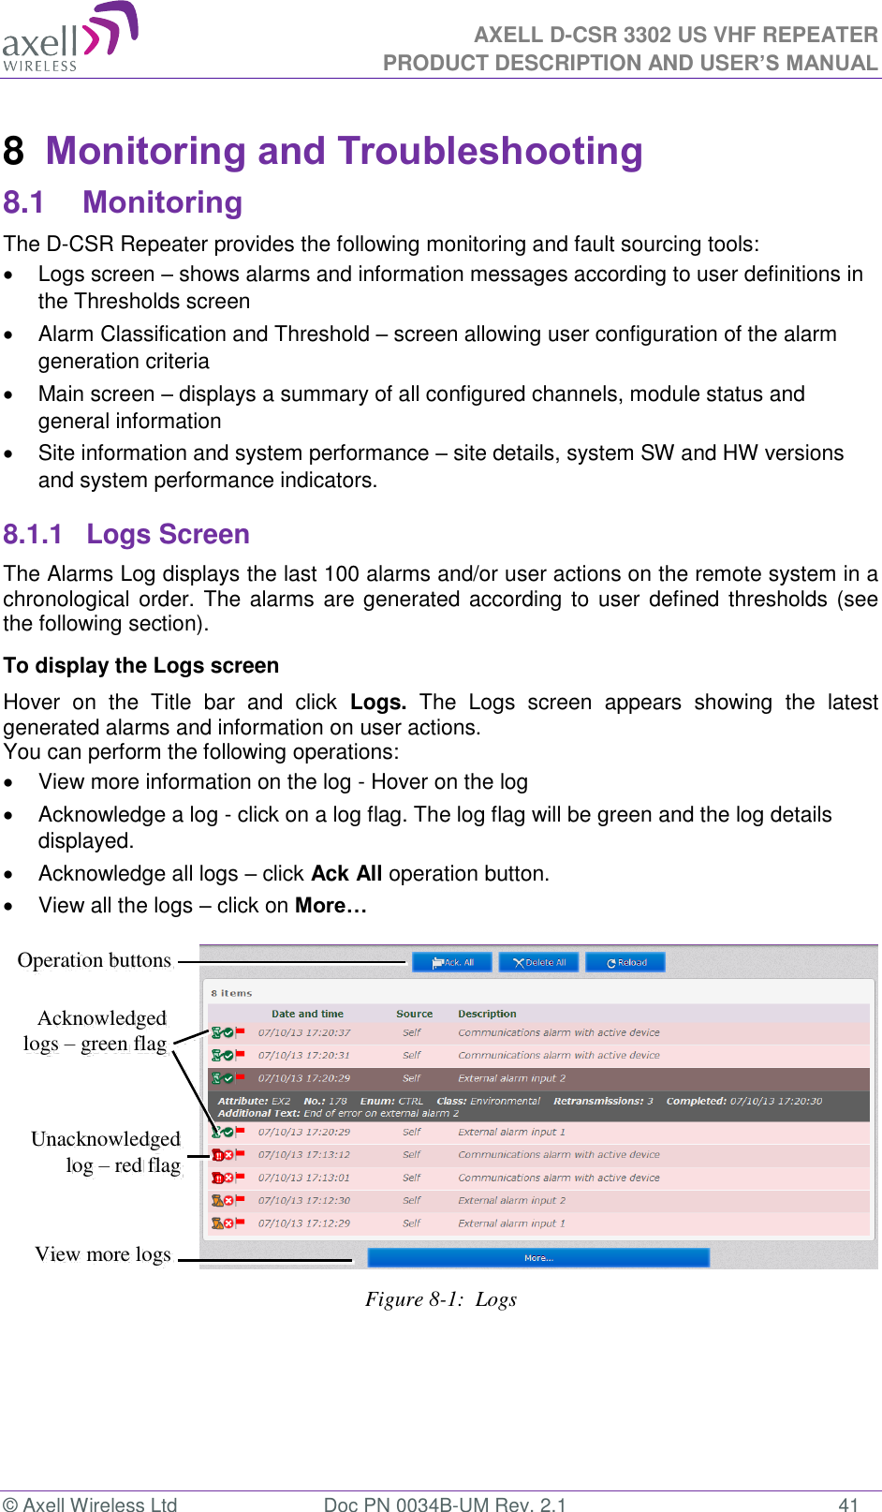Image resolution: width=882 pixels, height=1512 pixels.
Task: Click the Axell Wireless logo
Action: (x=70, y=38)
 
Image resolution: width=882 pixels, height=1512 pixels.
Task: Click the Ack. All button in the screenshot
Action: (x=453, y=962)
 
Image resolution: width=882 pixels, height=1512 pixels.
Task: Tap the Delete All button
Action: (x=539, y=962)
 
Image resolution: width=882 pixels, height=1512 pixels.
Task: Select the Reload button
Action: (x=625, y=962)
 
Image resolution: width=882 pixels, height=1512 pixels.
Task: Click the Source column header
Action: (x=414, y=1014)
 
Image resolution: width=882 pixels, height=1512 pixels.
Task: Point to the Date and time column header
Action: (x=307, y=1014)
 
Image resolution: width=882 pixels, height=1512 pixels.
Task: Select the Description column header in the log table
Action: (x=487, y=1014)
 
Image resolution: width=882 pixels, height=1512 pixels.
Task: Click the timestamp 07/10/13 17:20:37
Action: (x=304, y=1032)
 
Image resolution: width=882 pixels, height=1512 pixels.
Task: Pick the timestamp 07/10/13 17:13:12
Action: (x=304, y=1154)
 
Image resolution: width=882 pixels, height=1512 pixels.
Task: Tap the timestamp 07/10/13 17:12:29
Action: (x=304, y=1223)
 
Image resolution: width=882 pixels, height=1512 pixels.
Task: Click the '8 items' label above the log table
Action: (x=231, y=993)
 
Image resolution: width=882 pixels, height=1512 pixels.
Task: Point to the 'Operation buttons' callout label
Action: (x=94, y=960)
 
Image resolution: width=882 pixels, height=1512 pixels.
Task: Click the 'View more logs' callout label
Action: (x=103, y=1254)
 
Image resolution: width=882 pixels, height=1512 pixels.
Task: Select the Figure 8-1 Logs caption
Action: (x=441, y=1299)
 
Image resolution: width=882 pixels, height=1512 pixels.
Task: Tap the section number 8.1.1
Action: (x=33, y=534)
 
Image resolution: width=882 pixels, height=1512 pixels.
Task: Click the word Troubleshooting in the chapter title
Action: (x=491, y=151)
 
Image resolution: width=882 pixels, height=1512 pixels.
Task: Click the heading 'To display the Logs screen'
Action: (x=141, y=665)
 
